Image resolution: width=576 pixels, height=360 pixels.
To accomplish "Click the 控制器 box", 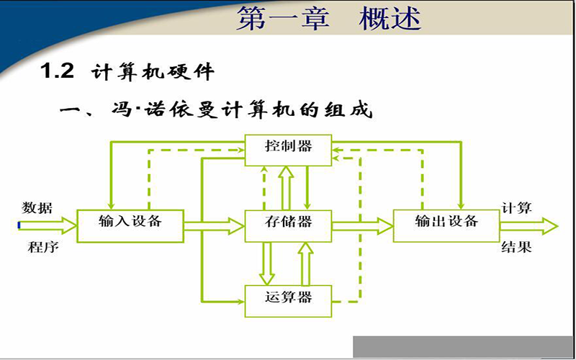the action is pyautogui.click(x=289, y=150).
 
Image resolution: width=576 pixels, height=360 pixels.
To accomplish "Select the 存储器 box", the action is pyautogui.click(x=289, y=226).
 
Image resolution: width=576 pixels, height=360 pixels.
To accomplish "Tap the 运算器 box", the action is pyautogui.click(x=289, y=301).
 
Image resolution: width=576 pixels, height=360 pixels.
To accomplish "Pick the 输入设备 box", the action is pyautogui.click(x=130, y=226).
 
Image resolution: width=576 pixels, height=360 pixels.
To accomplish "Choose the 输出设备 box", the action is pyautogui.click(x=446, y=226).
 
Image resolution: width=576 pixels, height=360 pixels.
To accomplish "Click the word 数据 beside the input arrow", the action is pyautogui.click(x=37, y=208).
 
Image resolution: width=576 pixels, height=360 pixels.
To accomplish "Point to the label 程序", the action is pyautogui.click(x=43, y=247).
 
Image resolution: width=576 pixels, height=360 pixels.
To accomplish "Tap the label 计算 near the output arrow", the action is pyautogui.click(x=516, y=208).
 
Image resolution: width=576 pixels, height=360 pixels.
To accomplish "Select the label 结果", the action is pyautogui.click(x=516, y=247).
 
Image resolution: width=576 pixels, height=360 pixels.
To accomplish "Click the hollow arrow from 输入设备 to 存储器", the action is pyautogui.click(x=214, y=226).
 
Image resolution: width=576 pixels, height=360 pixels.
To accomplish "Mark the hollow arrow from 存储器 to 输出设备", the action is pyautogui.click(x=363, y=226).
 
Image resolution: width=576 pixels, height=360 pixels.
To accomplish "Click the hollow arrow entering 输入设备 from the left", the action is pyautogui.click(x=47, y=225).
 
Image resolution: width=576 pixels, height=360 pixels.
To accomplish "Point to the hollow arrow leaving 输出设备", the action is pyautogui.click(x=529, y=226).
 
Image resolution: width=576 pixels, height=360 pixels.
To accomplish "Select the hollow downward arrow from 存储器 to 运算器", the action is pyautogui.click(x=266, y=264).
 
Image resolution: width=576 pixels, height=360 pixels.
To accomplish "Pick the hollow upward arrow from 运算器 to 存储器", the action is pyautogui.click(x=305, y=264).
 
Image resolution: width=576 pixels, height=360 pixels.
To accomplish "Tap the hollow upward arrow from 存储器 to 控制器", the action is pyautogui.click(x=286, y=188).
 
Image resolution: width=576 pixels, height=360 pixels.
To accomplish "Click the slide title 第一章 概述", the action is pyautogui.click(x=328, y=19).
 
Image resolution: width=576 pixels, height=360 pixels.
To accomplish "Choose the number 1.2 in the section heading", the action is pyautogui.click(x=57, y=71).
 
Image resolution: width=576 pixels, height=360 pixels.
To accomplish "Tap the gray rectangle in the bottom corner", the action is pyautogui.click(x=464, y=346).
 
